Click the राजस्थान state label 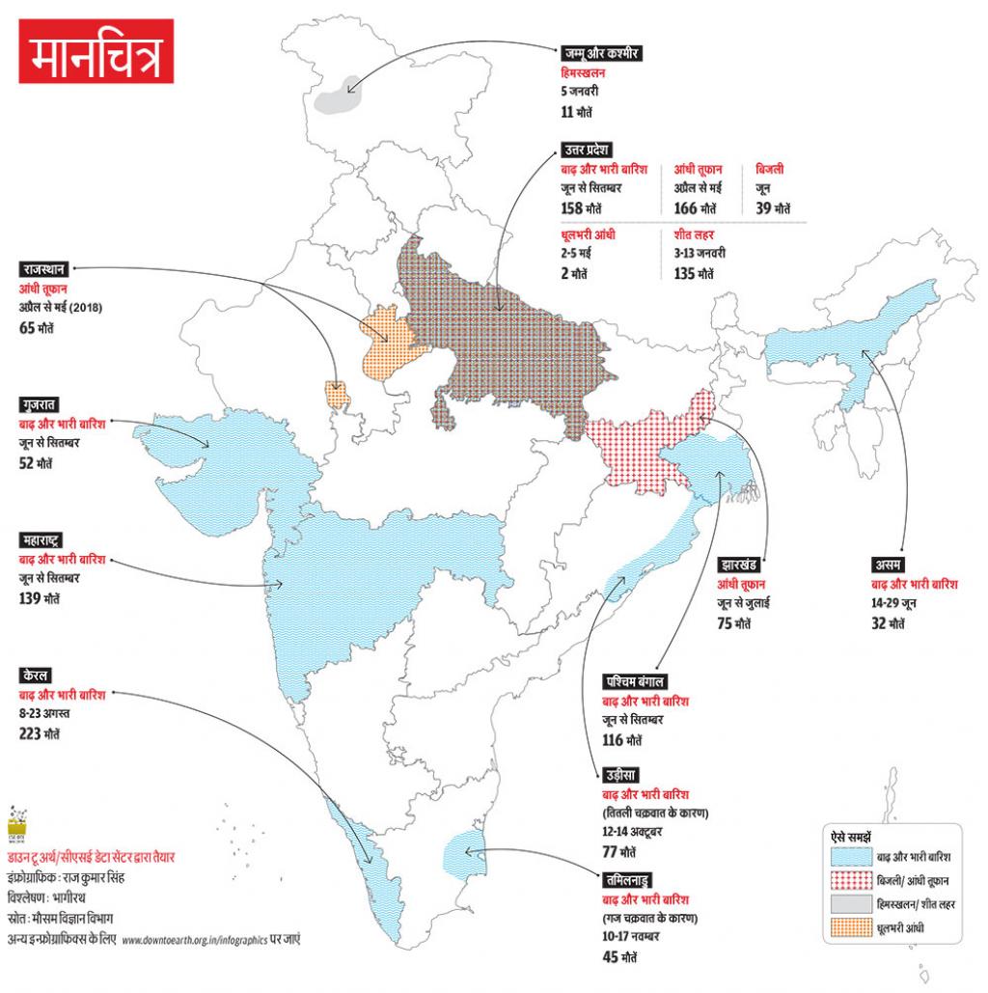coord(43,269)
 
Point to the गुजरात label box coord(39,403)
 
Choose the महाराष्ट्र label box coord(44,539)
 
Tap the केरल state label coord(35,673)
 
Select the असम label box coord(887,563)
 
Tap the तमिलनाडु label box coord(628,879)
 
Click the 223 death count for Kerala coord(37,732)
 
